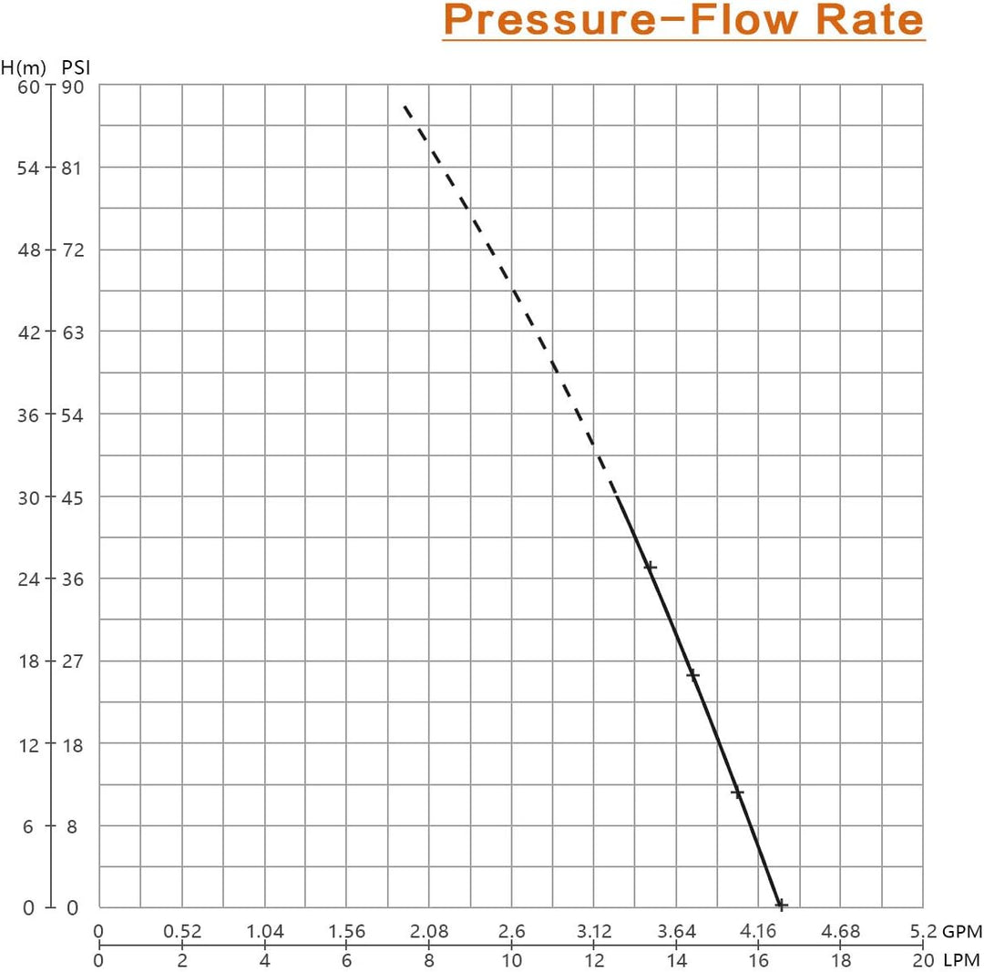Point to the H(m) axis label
(23, 67)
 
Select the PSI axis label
(76, 67)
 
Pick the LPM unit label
(961, 961)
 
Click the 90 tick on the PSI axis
(73, 87)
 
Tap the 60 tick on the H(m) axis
(30, 87)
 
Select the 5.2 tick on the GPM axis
(922, 932)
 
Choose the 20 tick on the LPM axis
(923, 961)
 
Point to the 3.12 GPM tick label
(593, 932)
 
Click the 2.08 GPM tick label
(429, 932)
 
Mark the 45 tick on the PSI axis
(73, 497)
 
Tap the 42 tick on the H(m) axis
(30, 333)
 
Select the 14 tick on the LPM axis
(676, 961)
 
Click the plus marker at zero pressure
(781, 905)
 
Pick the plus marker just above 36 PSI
(650, 567)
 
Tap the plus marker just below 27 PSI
(692, 675)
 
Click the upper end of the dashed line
(405, 107)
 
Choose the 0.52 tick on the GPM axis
(182, 932)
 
